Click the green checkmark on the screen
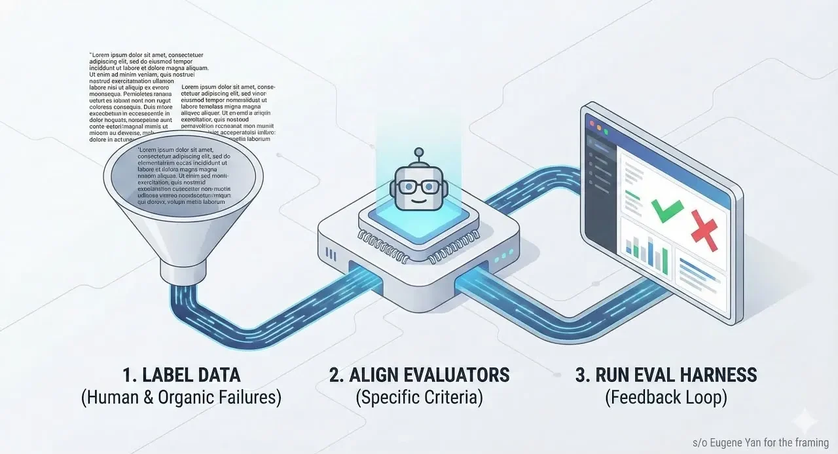point(666,211)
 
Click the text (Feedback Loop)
point(666,398)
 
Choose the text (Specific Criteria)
point(419,398)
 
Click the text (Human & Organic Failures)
point(181,398)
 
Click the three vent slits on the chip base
point(335,253)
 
